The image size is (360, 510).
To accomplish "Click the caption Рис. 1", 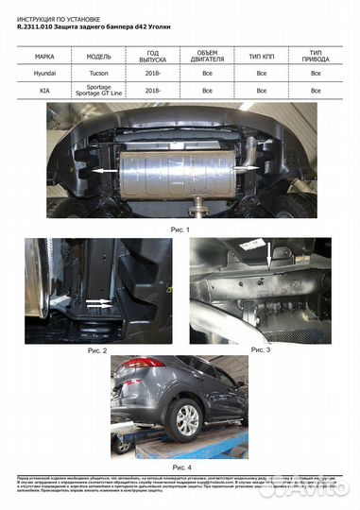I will [x=179, y=229].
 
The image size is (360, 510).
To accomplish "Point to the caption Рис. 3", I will [x=257, y=349].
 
